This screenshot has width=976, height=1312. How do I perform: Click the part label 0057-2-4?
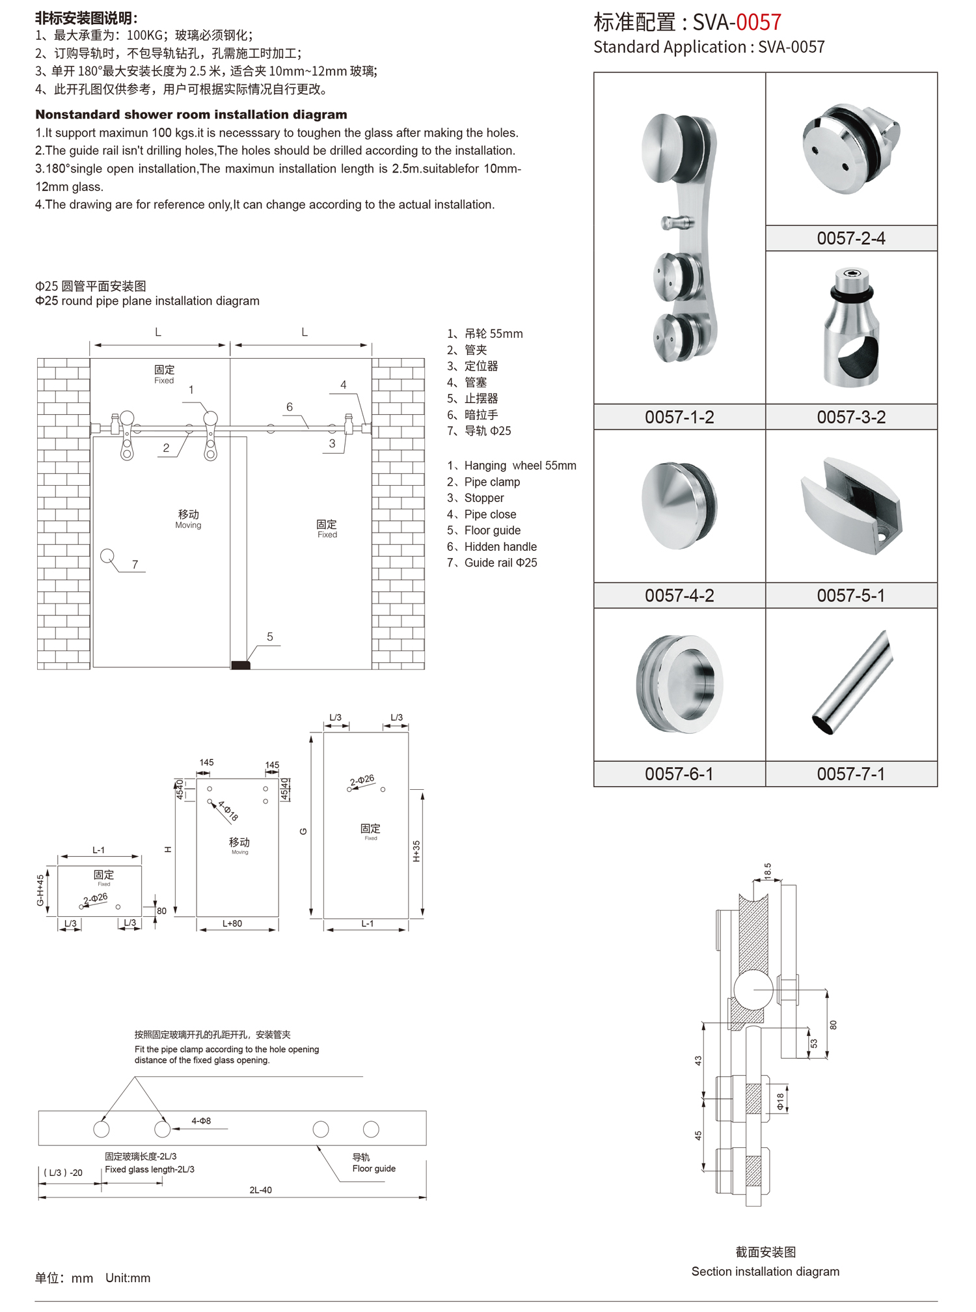[851, 238]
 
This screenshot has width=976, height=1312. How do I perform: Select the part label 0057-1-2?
[679, 417]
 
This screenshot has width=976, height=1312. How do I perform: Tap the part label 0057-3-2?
[851, 417]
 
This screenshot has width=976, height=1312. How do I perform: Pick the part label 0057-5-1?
[851, 596]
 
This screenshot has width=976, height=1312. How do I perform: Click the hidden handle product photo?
[679, 684]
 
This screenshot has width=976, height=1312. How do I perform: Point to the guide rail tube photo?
[852, 682]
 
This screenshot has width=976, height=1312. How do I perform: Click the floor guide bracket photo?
[851, 507]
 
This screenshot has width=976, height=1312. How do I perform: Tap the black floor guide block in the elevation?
[241, 665]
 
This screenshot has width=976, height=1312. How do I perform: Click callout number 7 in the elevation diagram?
[135, 565]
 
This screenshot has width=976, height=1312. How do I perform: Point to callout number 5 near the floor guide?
[270, 637]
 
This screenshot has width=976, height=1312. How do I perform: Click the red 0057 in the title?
[758, 23]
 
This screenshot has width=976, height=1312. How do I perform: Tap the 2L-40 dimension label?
[260, 1190]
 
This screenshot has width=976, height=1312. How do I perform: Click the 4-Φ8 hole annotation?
[201, 1121]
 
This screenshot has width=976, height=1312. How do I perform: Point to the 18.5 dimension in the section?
[768, 871]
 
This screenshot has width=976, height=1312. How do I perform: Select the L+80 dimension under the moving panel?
[232, 924]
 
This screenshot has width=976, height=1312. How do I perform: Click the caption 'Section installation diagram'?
[765, 1272]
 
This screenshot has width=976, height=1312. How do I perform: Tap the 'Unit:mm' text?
[128, 1278]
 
